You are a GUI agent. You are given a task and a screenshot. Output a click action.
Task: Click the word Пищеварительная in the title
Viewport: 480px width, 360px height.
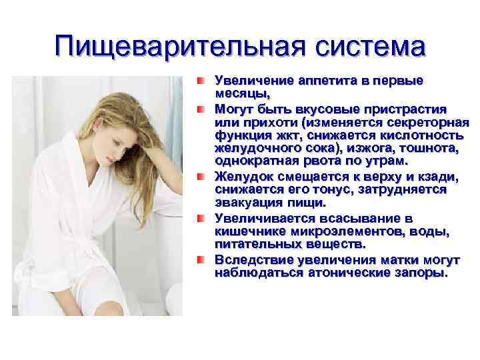pyautogui.click(x=180, y=47)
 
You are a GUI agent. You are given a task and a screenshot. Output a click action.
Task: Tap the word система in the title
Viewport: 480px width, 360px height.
pyautogui.click(x=371, y=47)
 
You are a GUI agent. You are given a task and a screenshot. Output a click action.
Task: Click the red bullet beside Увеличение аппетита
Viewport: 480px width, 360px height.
pyautogui.click(x=201, y=81)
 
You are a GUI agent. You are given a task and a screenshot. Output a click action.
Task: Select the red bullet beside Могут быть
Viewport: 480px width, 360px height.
pyautogui.click(x=201, y=109)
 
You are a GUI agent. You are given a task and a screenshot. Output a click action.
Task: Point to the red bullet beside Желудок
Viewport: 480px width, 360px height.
pyautogui.click(x=201, y=177)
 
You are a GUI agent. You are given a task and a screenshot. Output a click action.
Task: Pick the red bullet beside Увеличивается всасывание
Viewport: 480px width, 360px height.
pyautogui.click(x=201, y=218)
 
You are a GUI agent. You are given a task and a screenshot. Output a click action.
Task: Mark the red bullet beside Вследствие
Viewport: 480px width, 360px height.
pyautogui.click(x=201, y=260)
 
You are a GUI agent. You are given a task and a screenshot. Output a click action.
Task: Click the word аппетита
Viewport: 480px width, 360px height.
pyautogui.click(x=328, y=81)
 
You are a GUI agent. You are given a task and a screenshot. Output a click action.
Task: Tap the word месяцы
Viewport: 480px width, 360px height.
pyautogui.click(x=243, y=94)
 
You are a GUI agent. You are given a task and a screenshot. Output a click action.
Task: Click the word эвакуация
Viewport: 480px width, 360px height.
pyautogui.click(x=249, y=203)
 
